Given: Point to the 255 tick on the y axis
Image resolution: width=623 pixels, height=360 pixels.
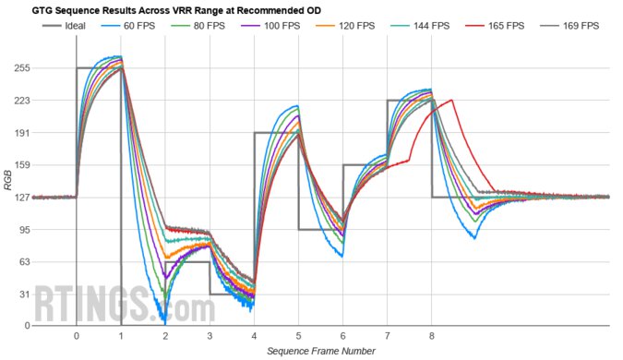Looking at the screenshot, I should [x=19, y=68].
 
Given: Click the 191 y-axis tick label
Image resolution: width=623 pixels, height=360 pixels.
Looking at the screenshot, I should [x=19, y=133].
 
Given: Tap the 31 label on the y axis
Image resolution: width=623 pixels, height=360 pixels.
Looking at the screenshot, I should [x=22, y=294].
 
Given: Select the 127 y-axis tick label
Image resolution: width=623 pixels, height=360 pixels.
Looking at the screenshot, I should [x=19, y=198].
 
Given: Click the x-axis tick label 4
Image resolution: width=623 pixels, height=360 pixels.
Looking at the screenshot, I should [x=254, y=336].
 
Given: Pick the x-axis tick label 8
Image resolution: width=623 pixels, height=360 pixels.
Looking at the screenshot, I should [x=432, y=336].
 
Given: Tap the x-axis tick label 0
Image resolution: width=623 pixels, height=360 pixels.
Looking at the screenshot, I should [x=77, y=336].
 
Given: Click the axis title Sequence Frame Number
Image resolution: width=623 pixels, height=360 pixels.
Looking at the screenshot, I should [x=320, y=351].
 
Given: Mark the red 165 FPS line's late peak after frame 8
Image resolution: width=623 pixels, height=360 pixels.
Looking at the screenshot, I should [x=450, y=100].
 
